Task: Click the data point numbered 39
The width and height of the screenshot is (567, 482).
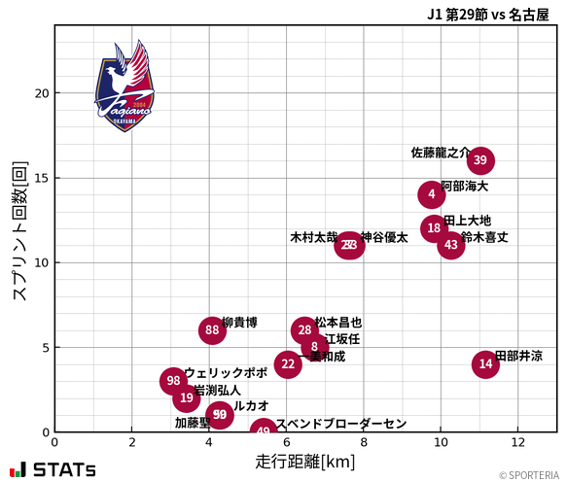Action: pos(479,160)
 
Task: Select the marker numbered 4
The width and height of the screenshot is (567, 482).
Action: pos(432,194)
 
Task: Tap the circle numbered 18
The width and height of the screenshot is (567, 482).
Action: pos(435,228)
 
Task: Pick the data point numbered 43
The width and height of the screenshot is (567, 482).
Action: pos(450,245)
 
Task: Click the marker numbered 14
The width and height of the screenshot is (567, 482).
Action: pos(485,363)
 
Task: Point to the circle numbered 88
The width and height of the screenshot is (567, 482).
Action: pos(213,330)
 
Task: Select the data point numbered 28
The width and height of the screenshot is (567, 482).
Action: pos(304,330)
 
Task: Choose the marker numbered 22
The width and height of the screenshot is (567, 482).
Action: pos(287,364)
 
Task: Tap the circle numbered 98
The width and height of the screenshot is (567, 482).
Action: pos(173,381)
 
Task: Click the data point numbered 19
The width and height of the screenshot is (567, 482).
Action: pos(187,397)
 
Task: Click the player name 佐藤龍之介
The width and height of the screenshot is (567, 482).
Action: pos(440,153)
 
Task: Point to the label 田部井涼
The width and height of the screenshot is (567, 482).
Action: pos(519,357)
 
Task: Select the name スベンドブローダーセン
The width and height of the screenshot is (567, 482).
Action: pos(340,424)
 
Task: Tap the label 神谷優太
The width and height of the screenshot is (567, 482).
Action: pos(384,237)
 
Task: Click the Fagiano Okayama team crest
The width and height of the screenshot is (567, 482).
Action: pos(124,86)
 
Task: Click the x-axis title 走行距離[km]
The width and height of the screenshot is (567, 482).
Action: pos(305,460)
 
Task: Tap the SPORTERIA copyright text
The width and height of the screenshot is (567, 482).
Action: pos(529,475)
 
